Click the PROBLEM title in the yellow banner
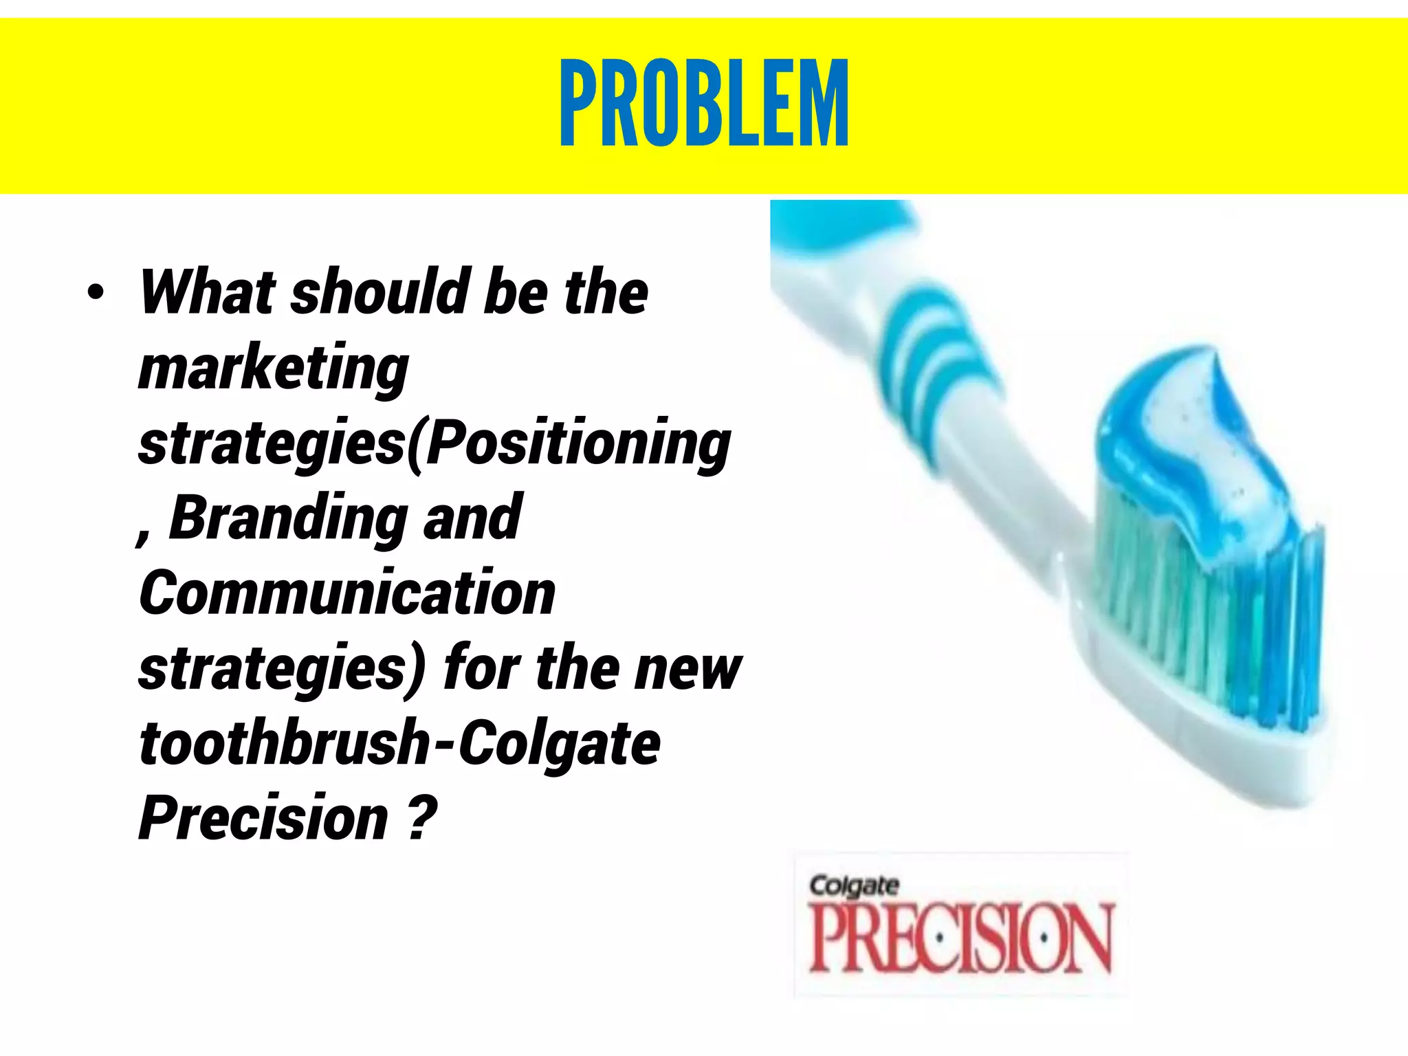[704, 103]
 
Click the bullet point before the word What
[96, 293]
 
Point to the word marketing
[273, 368]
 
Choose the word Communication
[347, 593]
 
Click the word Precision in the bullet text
[263, 817]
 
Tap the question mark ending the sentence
[421, 817]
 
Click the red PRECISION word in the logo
[960, 938]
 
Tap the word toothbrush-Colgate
[399, 743]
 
